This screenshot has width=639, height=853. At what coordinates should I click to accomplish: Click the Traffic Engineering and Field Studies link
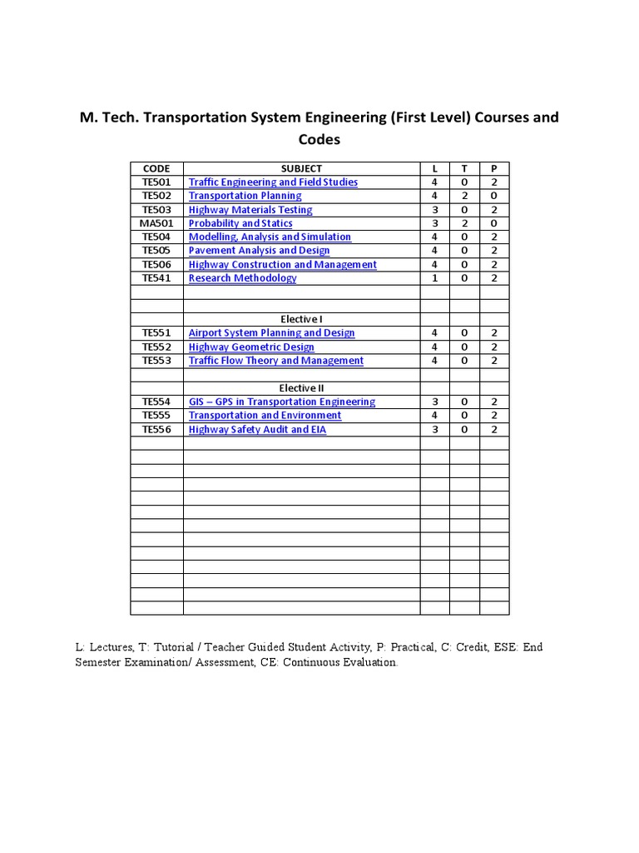[273, 182]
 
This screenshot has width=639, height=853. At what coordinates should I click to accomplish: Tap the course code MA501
[156, 223]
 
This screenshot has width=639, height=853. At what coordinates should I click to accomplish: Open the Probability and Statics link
[240, 223]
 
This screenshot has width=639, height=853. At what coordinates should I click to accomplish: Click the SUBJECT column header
[301, 168]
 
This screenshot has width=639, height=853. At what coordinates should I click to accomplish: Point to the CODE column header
[156, 168]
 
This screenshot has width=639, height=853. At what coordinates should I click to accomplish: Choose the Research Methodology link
[242, 278]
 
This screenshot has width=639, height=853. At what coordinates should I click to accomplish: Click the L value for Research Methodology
[434, 278]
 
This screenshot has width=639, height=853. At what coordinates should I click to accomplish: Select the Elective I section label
[301, 319]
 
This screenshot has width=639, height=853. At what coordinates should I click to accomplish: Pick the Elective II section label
[301, 388]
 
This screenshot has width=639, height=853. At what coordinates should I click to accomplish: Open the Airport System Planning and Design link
[271, 333]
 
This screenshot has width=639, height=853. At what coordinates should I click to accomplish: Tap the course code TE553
[156, 361]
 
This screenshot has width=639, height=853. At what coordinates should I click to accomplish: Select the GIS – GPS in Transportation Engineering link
[281, 402]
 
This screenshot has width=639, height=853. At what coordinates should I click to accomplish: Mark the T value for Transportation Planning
[464, 196]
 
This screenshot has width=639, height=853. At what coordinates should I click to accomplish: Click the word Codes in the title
[319, 140]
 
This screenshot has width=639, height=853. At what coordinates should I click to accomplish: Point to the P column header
[494, 168]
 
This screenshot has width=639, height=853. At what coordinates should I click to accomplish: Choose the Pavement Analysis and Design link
[259, 251]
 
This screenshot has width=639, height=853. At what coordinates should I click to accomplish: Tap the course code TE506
[156, 265]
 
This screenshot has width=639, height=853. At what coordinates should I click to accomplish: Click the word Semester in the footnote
[102, 663]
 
